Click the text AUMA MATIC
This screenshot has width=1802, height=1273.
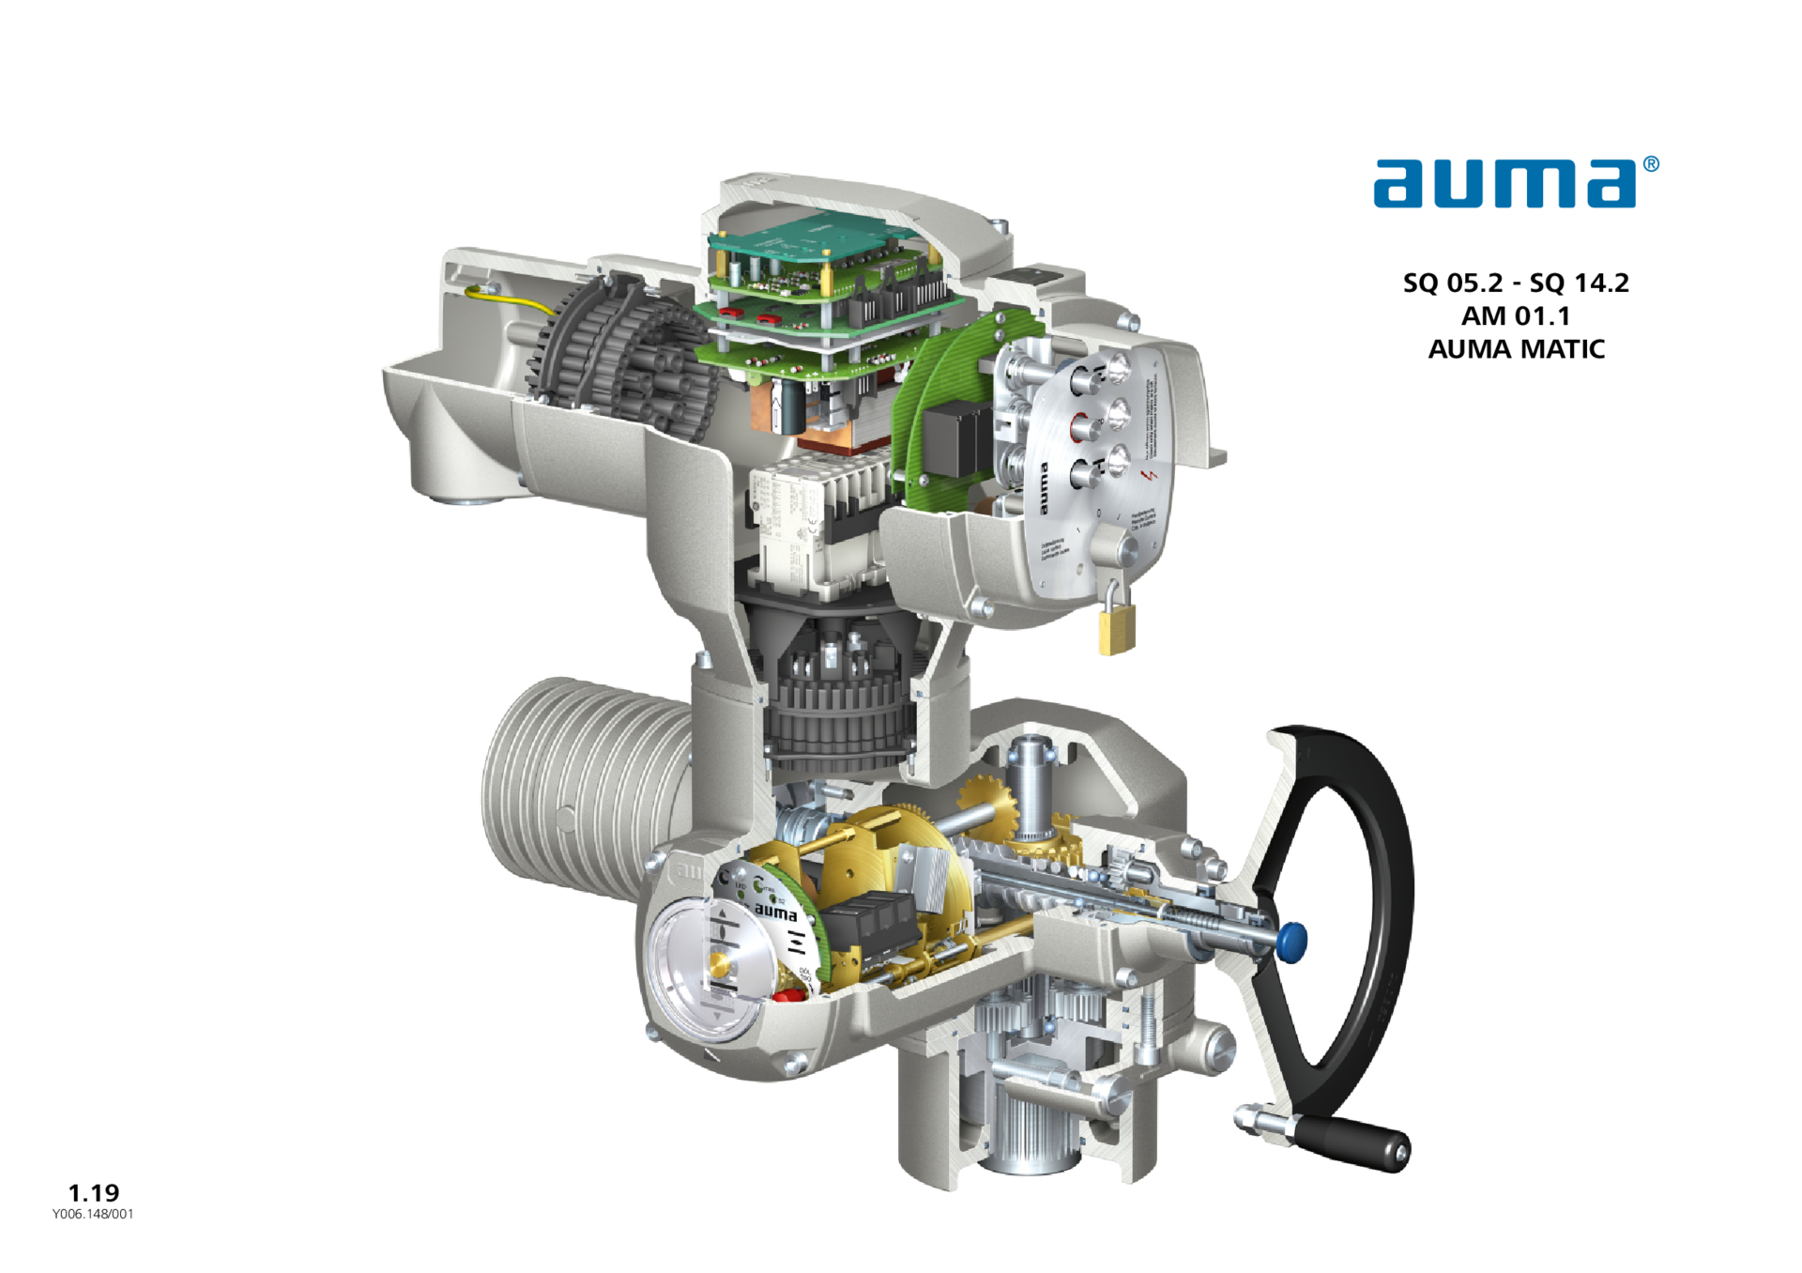[x=1516, y=349]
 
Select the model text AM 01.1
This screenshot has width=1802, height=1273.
[x=1515, y=315]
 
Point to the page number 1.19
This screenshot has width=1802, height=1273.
[x=94, y=1192]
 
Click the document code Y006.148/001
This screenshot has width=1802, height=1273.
[x=93, y=1214]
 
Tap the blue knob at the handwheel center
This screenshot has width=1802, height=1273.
[x=1292, y=941]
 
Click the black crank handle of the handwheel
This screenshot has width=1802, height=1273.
[x=1356, y=1142]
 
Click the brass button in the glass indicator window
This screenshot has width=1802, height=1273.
[x=721, y=965]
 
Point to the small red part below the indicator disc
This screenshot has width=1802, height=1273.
[x=779, y=996]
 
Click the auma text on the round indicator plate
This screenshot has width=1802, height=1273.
[x=776, y=912]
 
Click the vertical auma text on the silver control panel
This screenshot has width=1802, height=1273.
[x=1043, y=488]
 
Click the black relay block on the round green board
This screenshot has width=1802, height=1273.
[x=953, y=441]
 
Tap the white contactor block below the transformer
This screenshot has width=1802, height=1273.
[x=798, y=526]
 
